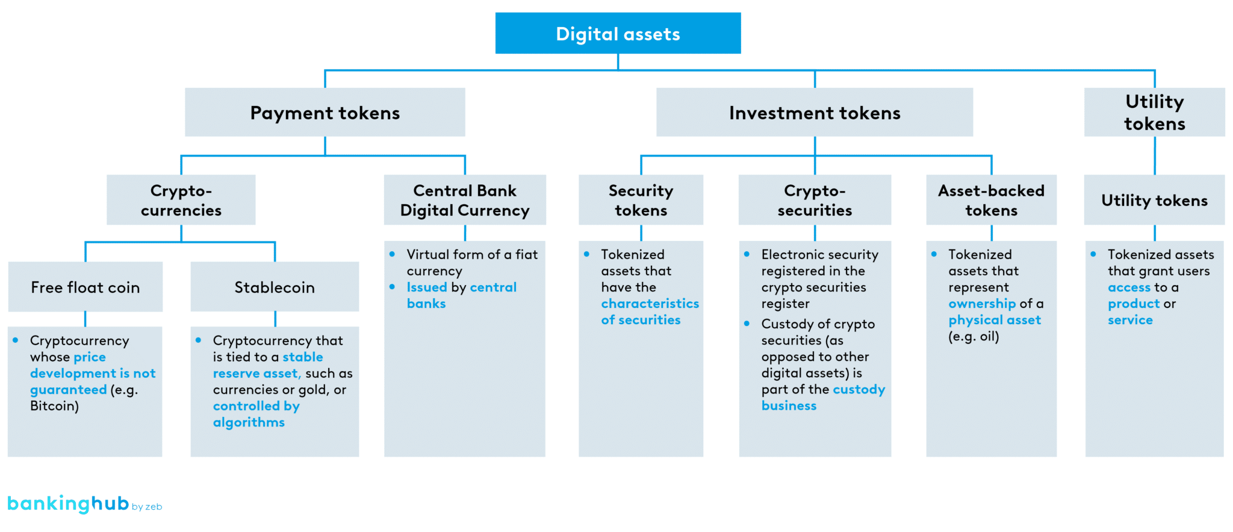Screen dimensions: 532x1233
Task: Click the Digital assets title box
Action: tap(618, 34)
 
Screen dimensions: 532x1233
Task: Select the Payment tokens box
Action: tap(325, 113)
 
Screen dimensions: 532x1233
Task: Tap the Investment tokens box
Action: tap(814, 113)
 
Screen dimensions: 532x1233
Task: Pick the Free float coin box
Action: tap(85, 287)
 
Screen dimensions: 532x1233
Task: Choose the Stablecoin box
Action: tap(275, 287)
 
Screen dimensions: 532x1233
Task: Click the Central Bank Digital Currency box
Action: tap(465, 200)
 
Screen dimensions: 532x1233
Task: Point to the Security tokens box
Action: tap(641, 200)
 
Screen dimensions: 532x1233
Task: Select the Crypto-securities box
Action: tap(815, 200)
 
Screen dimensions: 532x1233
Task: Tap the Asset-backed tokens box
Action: tap(991, 200)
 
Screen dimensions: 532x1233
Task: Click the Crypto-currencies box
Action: tap(181, 200)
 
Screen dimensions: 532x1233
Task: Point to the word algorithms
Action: tap(249, 422)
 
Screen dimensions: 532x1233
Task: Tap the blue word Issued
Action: tap(427, 287)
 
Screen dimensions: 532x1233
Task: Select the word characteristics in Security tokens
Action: tap(650, 304)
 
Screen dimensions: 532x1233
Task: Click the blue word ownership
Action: tap(982, 304)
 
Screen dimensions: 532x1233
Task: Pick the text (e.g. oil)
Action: tap(974, 337)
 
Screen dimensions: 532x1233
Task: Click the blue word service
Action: tap(1130, 321)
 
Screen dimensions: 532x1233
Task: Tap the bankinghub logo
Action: tap(68, 504)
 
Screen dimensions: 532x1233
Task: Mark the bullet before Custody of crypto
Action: tap(747, 324)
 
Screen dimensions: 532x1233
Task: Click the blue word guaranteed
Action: tap(68, 390)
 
